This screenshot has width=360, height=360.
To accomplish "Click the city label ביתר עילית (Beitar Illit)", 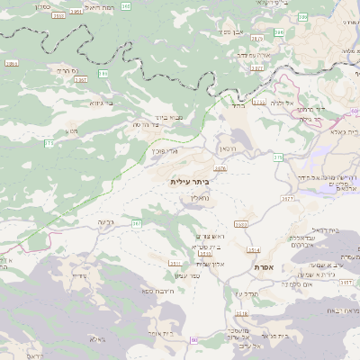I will point(188,181).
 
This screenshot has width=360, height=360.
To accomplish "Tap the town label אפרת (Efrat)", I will point(265,268).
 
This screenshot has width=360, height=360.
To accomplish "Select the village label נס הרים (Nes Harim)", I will point(69,70).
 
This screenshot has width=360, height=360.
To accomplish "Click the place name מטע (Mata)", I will point(72,131).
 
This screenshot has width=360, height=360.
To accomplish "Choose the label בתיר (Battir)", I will point(238,105).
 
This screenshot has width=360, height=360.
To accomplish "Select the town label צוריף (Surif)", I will point(78,274).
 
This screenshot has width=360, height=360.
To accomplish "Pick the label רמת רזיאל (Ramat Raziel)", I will point(96,7).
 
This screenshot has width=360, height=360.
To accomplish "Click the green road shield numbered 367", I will point(137,222).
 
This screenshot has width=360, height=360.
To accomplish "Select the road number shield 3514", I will point(254,249).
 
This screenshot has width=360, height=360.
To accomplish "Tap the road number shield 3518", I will point(240,313).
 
